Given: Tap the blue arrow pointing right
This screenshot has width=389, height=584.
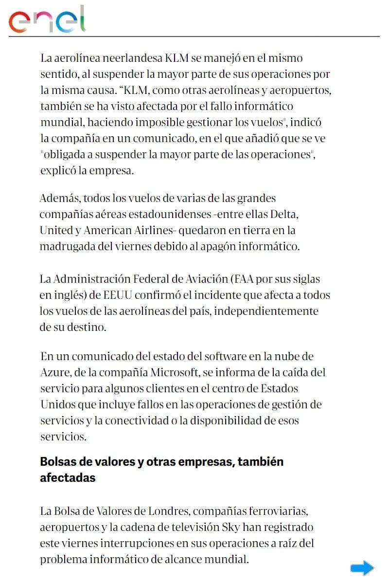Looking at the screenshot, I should coord(362,568).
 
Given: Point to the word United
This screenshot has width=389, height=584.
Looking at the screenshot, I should coord(55,230).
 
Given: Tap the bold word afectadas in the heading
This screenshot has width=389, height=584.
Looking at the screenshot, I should coord(68,477).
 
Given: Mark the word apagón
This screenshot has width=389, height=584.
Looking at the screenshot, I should coord(230,246).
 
